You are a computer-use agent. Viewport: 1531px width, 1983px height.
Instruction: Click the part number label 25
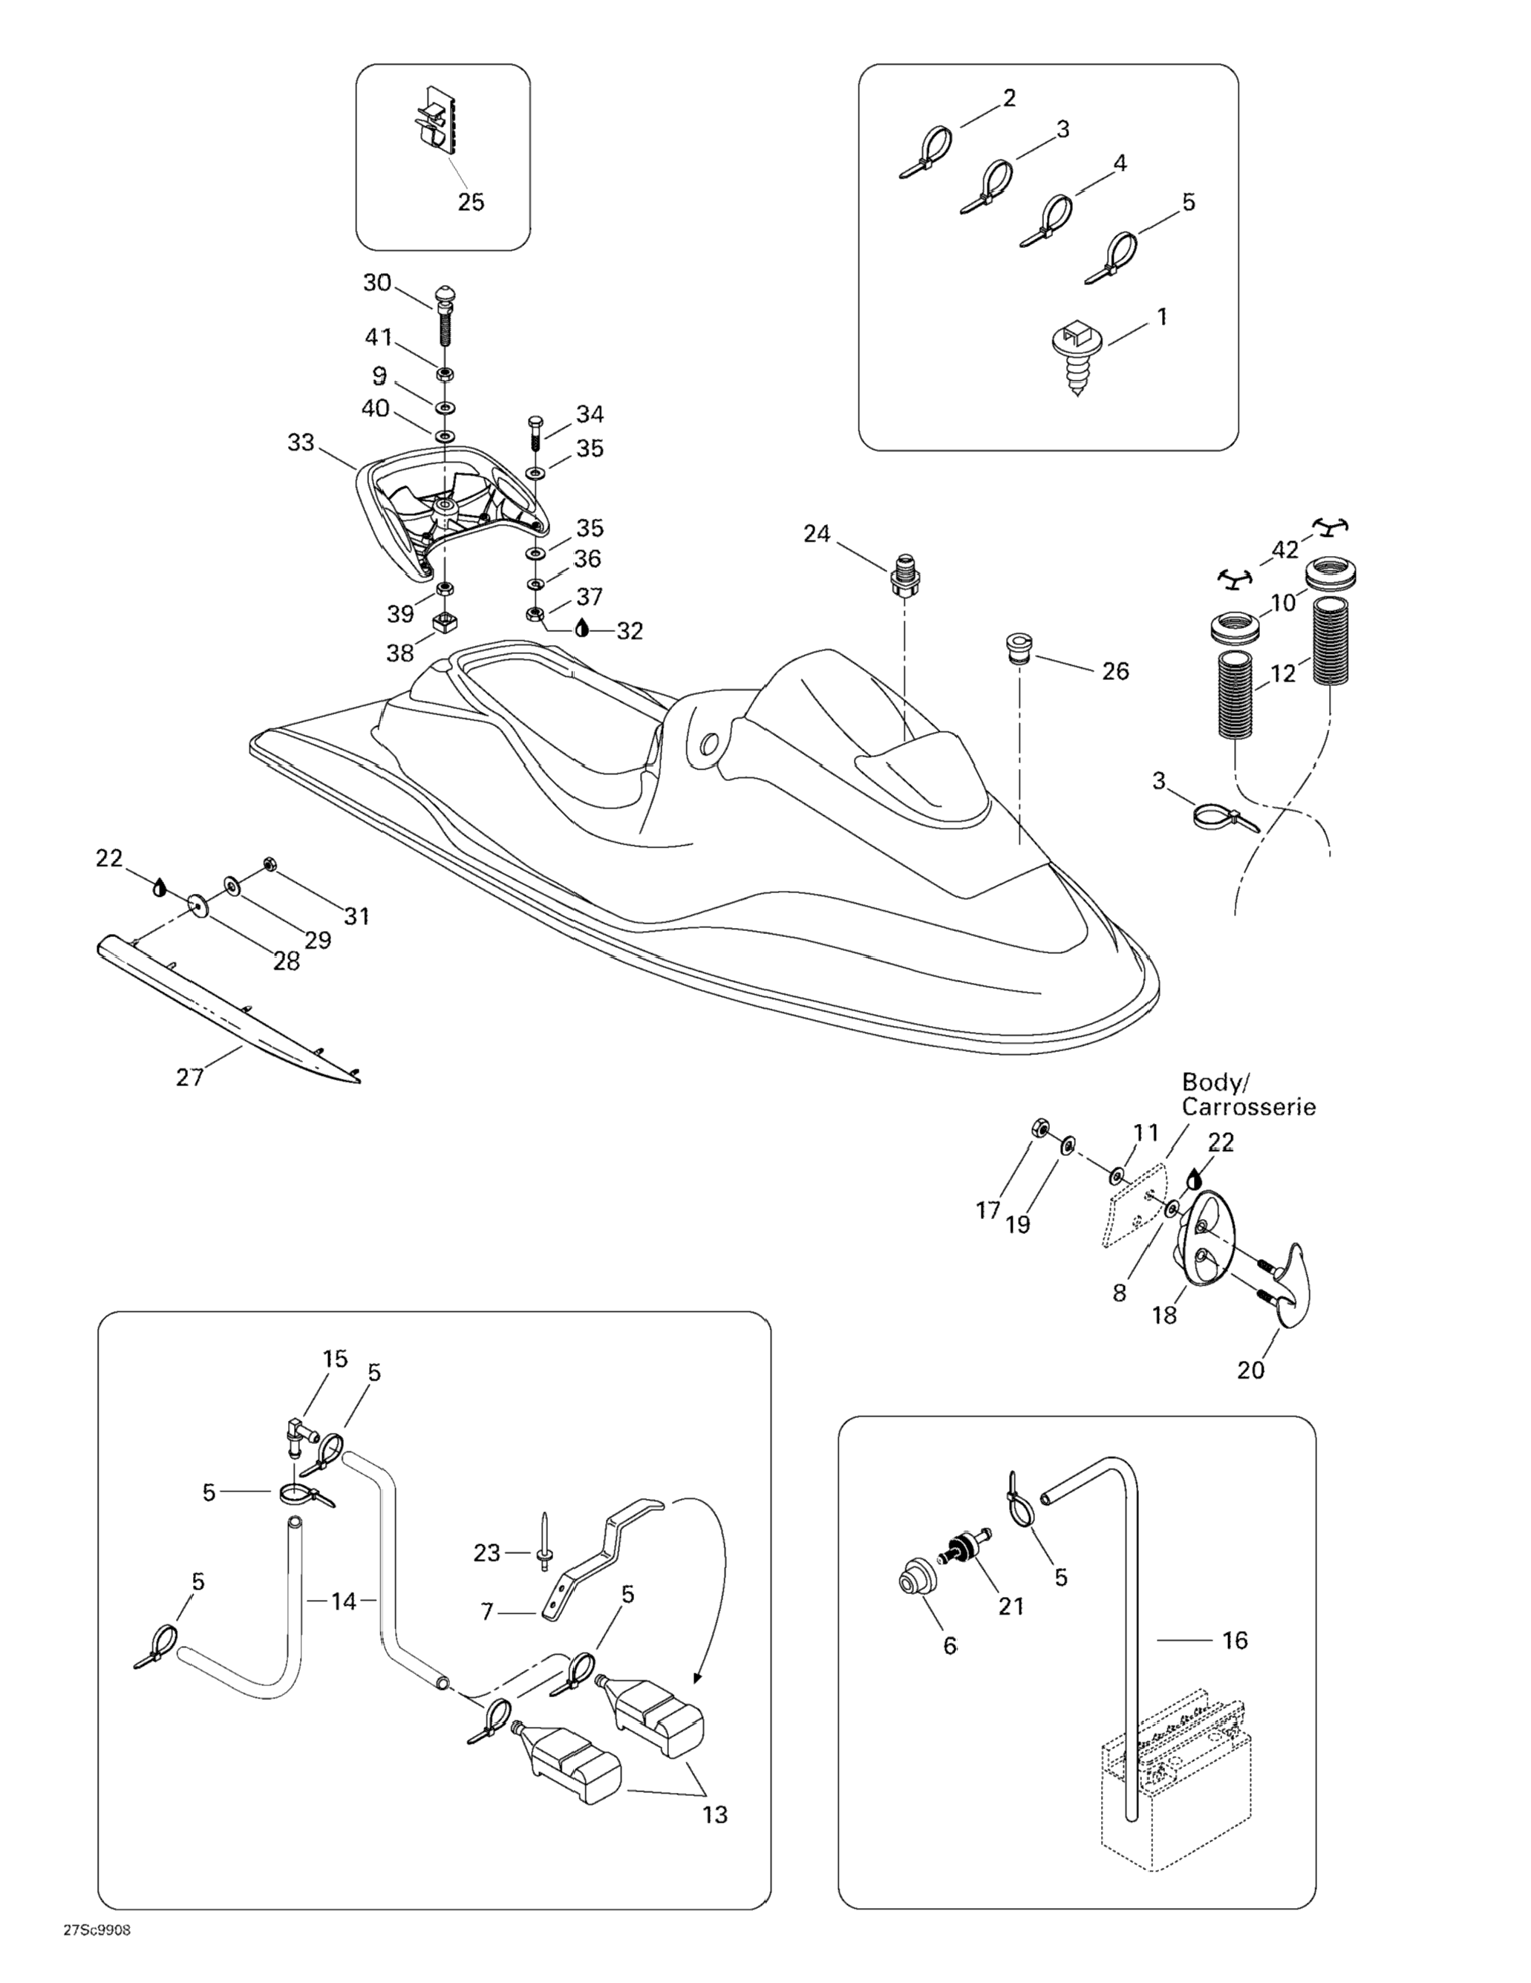pos(471,202)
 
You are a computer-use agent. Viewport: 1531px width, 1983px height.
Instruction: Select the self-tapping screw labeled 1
pos(1075,354)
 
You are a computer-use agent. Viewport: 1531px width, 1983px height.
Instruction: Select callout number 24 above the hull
pos(816,534)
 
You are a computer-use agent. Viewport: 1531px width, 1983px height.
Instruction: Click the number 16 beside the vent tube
pos(1234,1640)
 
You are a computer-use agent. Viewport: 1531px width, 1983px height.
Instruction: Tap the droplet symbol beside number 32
pos(582,628)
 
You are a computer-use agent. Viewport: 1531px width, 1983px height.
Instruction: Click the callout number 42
pos(1285,549)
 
